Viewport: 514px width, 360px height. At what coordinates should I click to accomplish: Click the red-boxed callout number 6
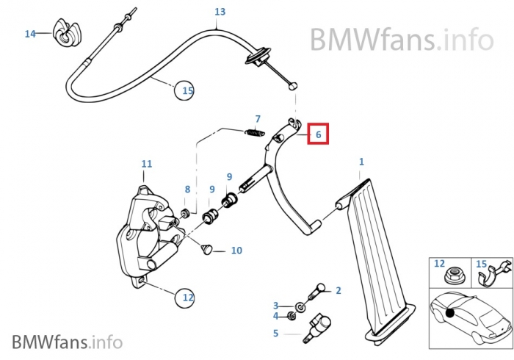(318, 134)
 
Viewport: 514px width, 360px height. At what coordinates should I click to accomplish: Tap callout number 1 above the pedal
(361, 161)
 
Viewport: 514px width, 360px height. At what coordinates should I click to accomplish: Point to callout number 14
(30, 34)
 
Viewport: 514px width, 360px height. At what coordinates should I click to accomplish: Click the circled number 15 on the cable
(187, 90)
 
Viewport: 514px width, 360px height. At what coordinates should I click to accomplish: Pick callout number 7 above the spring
(258, 119)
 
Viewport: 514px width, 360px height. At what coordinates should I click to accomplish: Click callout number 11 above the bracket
(146, 164)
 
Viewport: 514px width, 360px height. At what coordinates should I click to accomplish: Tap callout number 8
(187, 189)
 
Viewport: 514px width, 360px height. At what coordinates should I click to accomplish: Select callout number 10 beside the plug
(236, 251)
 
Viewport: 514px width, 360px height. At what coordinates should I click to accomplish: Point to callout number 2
(338, 290)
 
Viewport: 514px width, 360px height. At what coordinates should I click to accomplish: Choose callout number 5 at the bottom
(275, 333)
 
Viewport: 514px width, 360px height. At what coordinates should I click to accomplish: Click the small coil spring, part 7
(253, 133)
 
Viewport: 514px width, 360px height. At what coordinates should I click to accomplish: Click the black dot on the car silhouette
(448, 313)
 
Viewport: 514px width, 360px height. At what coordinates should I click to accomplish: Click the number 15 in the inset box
(481, 263)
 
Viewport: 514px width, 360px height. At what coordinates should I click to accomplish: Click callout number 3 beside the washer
(275, 305)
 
